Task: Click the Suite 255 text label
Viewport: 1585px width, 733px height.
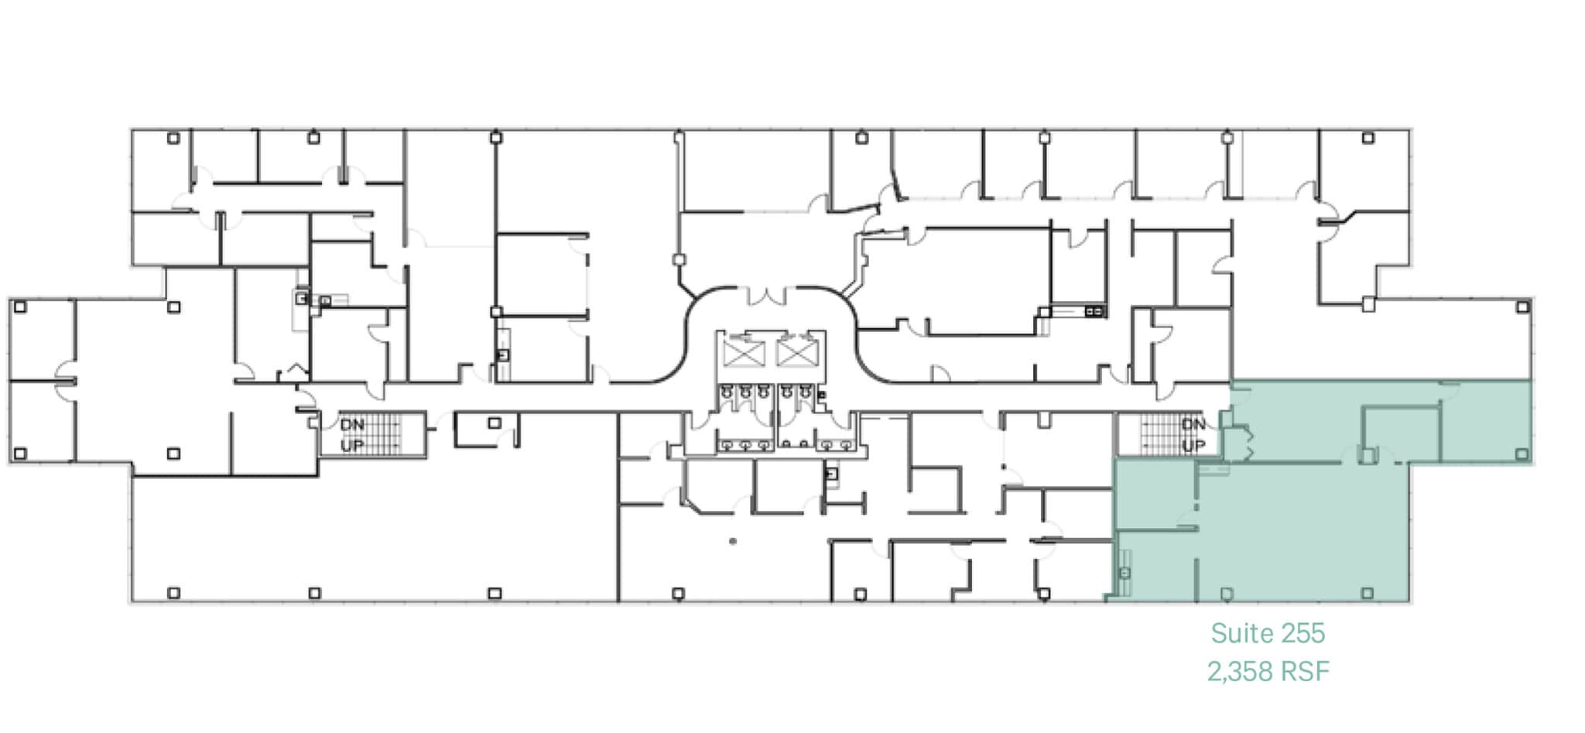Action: tap(1268, 633)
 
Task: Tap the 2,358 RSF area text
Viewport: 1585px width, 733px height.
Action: tap(1268, 671)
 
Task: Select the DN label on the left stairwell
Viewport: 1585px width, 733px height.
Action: tap(352, 425)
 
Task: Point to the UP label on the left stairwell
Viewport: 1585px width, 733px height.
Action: tap(352, 446)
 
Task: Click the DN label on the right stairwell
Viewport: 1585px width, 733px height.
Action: tap(1193, 424)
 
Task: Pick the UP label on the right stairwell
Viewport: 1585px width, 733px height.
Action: tap(1193, 445)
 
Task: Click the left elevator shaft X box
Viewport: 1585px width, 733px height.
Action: tap(743, 354)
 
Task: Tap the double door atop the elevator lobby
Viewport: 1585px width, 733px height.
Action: tap(766, 296)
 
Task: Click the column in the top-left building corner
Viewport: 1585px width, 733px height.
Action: tap(173, 138)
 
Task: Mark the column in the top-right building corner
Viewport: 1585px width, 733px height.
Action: tap(1368, 138)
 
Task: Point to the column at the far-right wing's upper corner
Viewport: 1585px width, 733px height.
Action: tap(1522, 307)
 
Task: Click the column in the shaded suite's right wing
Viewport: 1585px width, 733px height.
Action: tap(1522, 454)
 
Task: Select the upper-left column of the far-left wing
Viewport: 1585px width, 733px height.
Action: tap(20, 307)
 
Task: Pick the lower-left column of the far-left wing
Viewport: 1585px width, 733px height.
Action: tap(20, 454)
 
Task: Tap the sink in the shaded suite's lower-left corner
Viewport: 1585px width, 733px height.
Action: tap(1125, 573)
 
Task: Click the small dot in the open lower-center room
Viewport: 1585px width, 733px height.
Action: tap(732, 541)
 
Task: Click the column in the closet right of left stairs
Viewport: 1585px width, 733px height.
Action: tap(494, 423)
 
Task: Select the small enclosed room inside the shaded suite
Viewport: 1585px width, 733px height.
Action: tap(1402, 434)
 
